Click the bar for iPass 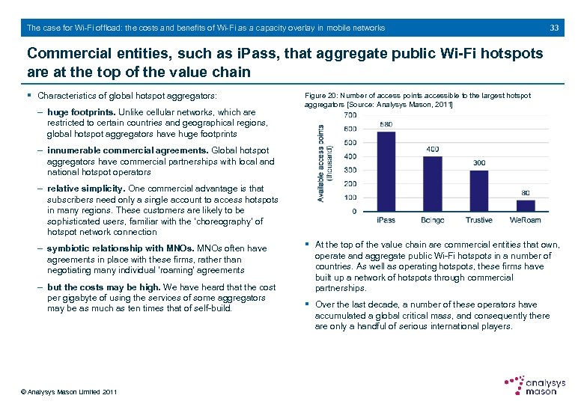point(386,171)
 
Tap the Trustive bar point(478,191)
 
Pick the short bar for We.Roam point(526,206)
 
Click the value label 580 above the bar point(386,124)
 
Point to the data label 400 point(432,150)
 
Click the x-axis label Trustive point(478,221)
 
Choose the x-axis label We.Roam point(526,221)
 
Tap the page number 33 point(555,28)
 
